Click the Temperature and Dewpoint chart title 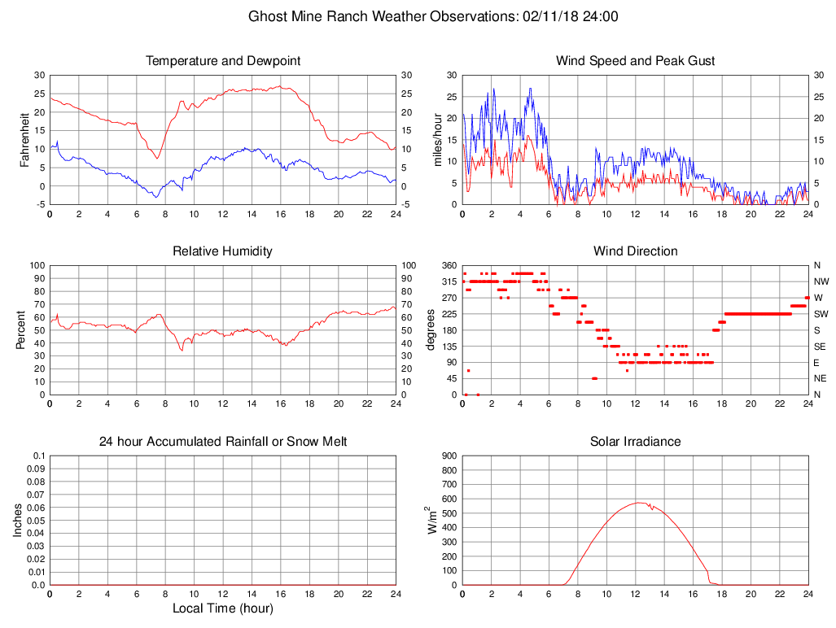(222, 61)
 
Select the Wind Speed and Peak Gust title (635, 61)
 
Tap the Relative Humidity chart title (222, 251)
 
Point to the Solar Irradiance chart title (635, 442)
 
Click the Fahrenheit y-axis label (24, 139)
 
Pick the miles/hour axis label (439, 139)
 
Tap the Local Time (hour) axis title (222, 608)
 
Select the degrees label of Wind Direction (431, 329)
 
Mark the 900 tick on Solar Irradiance (448, 456)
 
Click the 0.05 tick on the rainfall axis (36, 520)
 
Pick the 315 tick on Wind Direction (448, 281)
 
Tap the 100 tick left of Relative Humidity (37, 265)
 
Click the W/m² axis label (431, 520)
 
